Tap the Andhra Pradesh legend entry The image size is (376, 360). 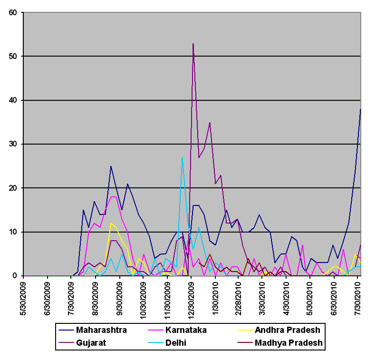click(287, 330)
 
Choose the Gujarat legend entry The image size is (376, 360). click(92, 342)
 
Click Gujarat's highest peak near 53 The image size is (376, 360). click(193, 43)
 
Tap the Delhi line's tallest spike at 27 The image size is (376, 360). click(182, 157)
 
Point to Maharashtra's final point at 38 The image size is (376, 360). click(360, 109)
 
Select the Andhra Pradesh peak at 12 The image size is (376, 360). click(111, 223)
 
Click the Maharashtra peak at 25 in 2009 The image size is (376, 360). click(111, 166)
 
